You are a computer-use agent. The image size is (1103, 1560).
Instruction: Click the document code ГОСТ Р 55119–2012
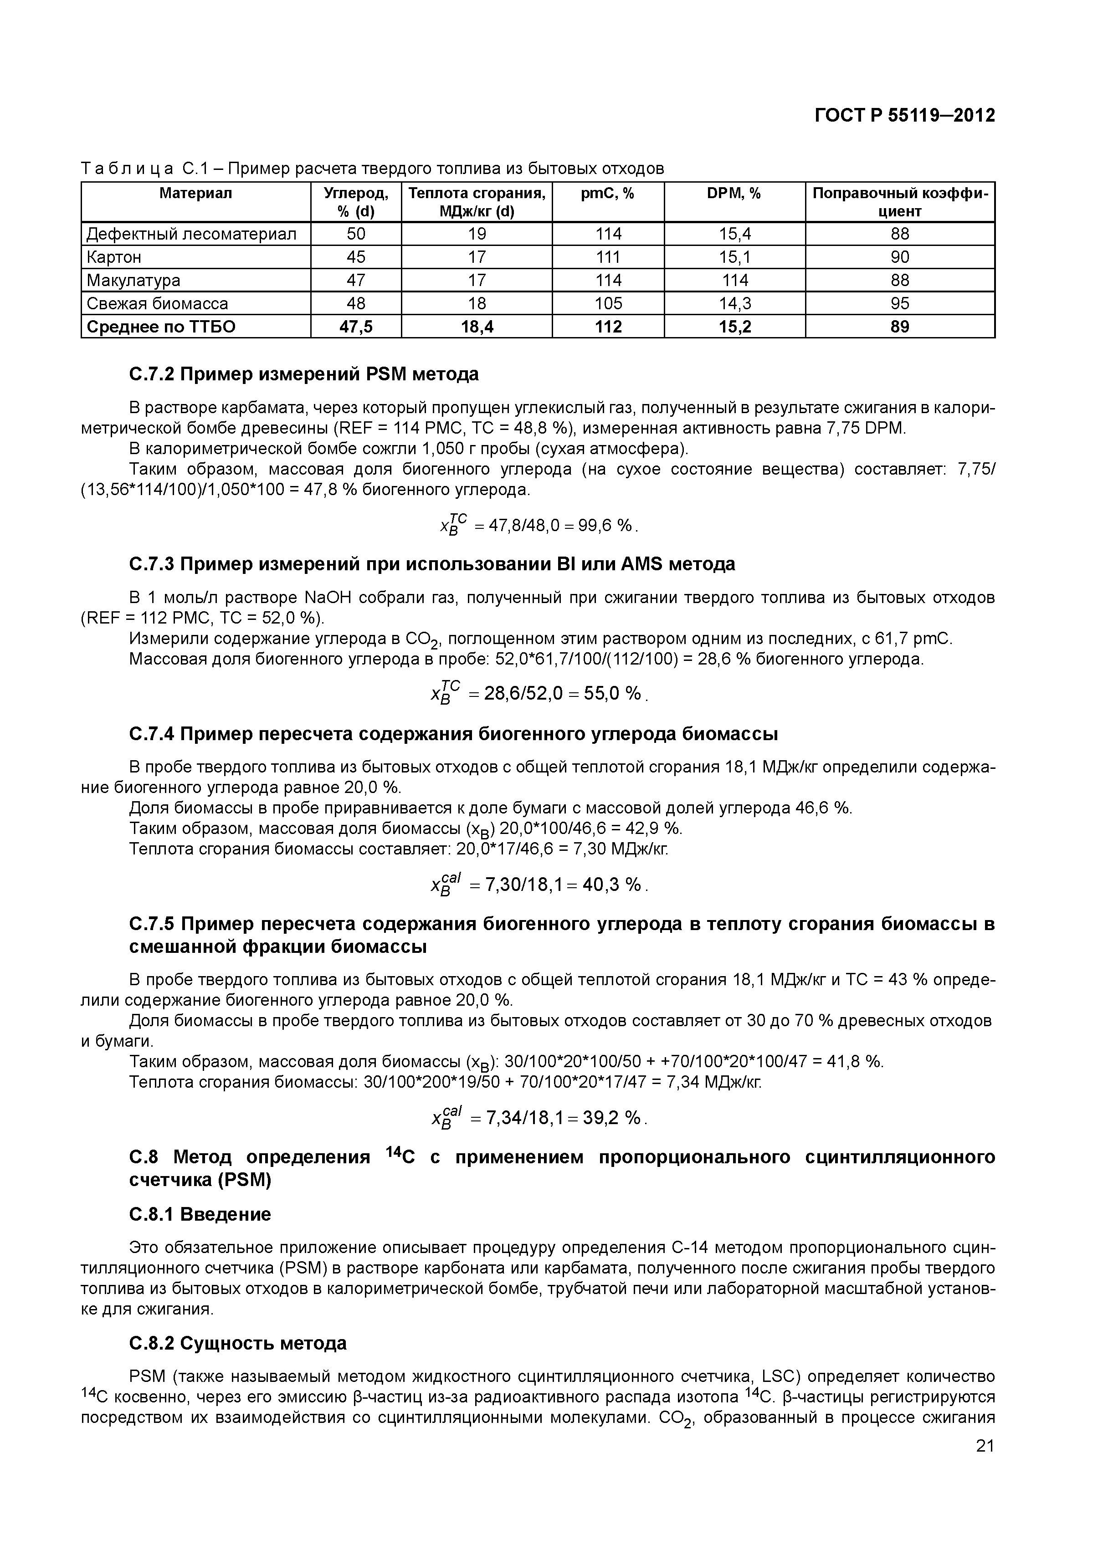[x=904, y=116]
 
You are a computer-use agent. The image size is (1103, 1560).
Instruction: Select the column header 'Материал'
[x=196, y=194]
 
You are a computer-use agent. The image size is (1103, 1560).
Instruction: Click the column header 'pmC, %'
[x=608, y=194]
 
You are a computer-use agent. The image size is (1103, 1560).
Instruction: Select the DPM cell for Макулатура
[x=735, y=281]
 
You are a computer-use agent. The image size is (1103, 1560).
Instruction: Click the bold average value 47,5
[x=356, y=327]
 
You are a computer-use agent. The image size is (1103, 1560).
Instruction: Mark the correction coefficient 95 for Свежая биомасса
[x=900, y=304]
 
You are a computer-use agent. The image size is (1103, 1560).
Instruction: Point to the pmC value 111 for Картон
[x=608, y=257]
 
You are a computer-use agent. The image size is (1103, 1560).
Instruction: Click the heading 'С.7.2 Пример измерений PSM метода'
[x=304, y=374]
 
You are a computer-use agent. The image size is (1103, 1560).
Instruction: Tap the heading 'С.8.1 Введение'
[x=200, y=1214]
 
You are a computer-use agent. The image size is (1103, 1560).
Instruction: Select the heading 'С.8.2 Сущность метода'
[x=238, y=1343]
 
